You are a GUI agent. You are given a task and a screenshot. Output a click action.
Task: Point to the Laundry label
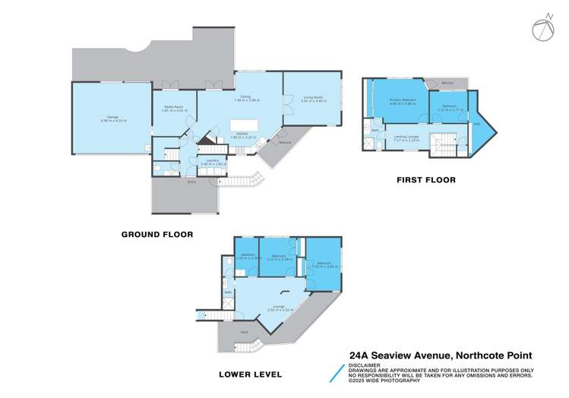pyautogui.click(x=210, y=161)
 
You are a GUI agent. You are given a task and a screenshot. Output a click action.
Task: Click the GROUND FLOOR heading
pyautogui.click(x=156, y=235)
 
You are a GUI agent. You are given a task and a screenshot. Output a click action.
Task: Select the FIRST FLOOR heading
pyautogui.click(x=425, y=180)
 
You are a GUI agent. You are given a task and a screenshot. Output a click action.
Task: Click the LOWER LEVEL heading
pyautogui.click(x=250, y=374)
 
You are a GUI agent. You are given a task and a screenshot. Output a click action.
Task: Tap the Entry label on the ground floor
pyautogui.click(x=191, y=182)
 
